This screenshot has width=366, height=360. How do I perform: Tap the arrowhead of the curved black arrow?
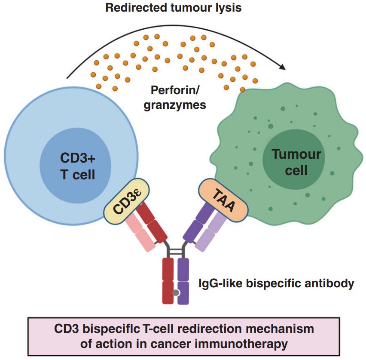click(282, 67)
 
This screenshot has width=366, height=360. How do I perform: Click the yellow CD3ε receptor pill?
click(126, 202)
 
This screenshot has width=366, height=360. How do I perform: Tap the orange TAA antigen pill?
click(223, 201)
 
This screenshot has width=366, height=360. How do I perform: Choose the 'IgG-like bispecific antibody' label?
click(276, 283)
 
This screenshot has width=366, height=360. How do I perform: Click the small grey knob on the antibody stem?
click(176, 293)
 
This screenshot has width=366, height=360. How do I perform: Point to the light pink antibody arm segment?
click(140, 232)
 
